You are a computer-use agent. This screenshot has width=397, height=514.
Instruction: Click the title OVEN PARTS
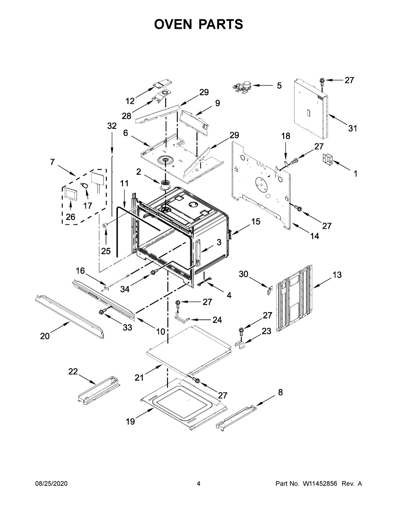198,24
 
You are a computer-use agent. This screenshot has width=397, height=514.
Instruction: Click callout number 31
353,128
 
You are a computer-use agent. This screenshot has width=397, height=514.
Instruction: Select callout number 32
112,126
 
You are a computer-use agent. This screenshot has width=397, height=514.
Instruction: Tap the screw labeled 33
103,311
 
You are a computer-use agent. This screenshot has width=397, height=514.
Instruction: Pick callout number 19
130,422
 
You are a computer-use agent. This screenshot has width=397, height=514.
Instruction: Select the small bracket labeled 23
241,345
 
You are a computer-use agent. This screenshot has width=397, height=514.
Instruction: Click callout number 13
337,275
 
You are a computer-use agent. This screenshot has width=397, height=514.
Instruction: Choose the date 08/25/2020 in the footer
51,484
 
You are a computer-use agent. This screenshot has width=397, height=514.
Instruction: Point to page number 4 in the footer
198,484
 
